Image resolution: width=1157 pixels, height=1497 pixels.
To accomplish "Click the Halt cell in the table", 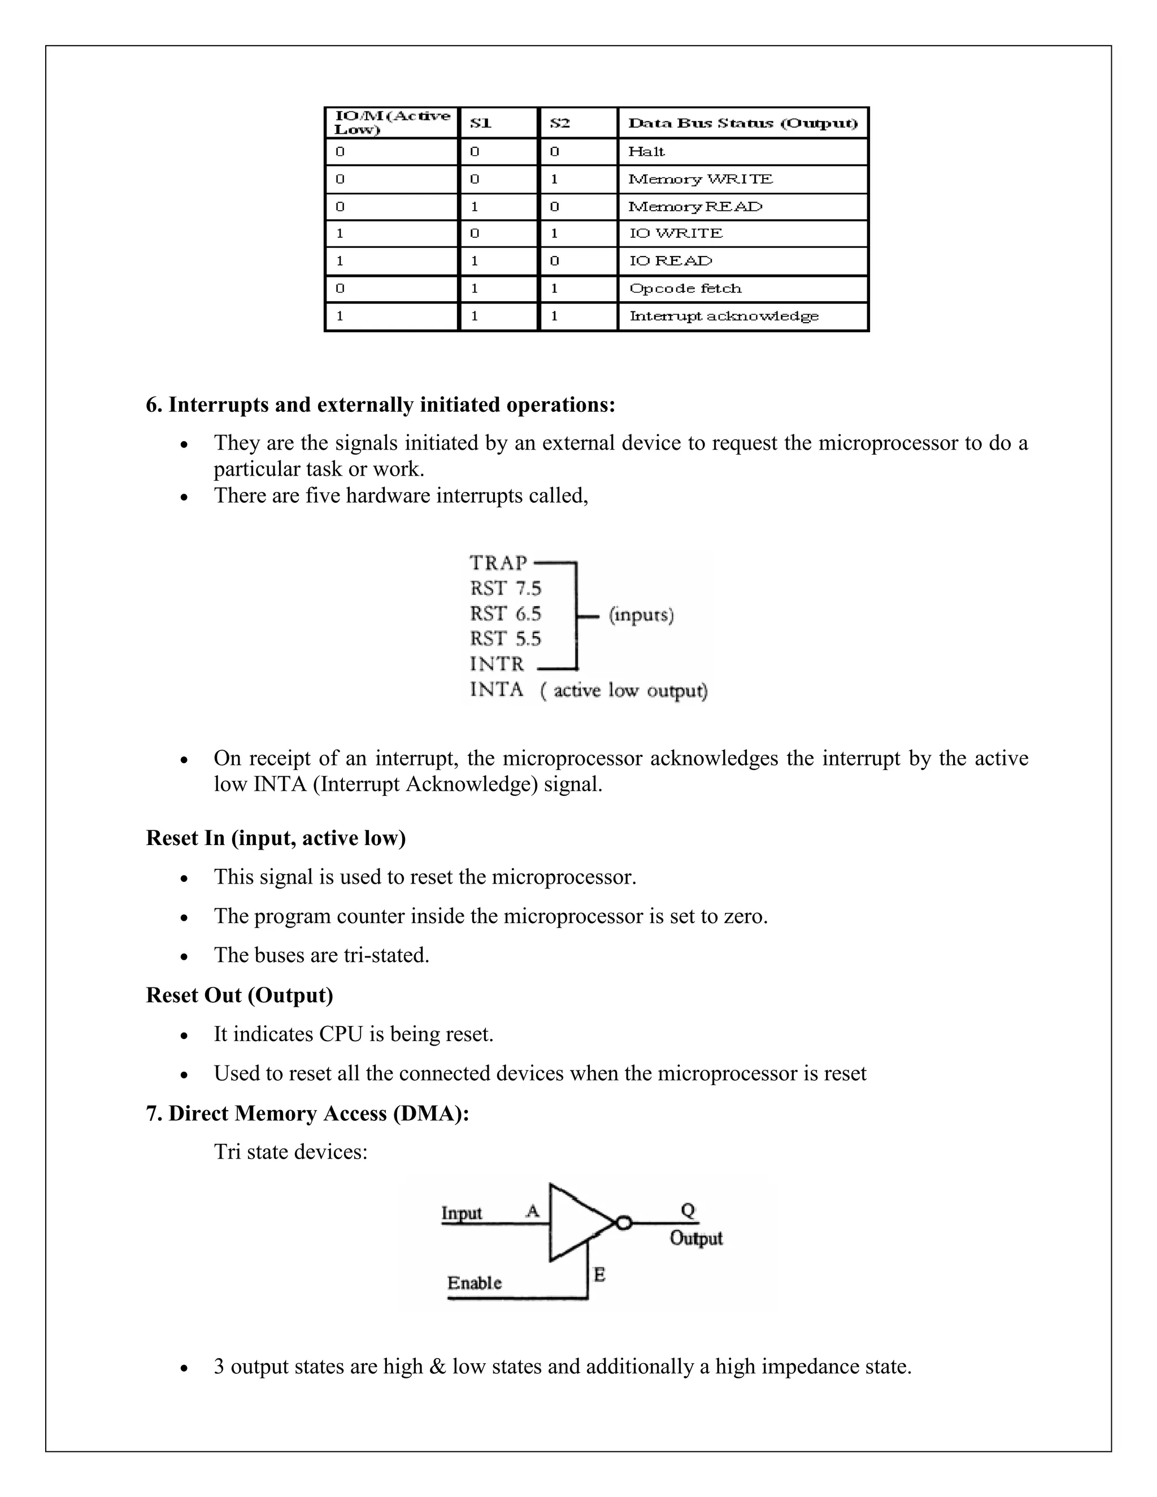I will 646,151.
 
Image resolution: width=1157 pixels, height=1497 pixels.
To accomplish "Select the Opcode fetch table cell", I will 685,289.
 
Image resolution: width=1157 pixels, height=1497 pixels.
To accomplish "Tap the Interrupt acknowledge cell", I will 724,316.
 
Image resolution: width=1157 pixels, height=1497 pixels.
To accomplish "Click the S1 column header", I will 481,123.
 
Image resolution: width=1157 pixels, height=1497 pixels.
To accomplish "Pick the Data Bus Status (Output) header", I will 742,123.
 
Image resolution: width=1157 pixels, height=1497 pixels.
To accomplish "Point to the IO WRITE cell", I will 676,234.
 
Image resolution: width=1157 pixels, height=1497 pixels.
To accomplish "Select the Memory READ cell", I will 695,206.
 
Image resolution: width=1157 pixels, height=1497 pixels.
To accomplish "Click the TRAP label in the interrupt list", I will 498,563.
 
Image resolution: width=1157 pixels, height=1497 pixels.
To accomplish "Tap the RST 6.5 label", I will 505,613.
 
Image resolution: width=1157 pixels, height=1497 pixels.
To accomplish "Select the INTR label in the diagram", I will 497,664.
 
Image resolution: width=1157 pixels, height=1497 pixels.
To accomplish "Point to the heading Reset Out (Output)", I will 239,995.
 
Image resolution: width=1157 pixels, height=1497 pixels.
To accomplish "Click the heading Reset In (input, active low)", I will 276,838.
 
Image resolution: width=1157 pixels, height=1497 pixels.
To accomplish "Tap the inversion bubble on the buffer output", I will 623,1223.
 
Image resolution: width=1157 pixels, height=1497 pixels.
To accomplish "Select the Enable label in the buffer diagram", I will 475,1282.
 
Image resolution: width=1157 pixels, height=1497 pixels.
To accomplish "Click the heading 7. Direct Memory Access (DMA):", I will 307,1113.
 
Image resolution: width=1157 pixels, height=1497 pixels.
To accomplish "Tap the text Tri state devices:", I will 290,1151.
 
